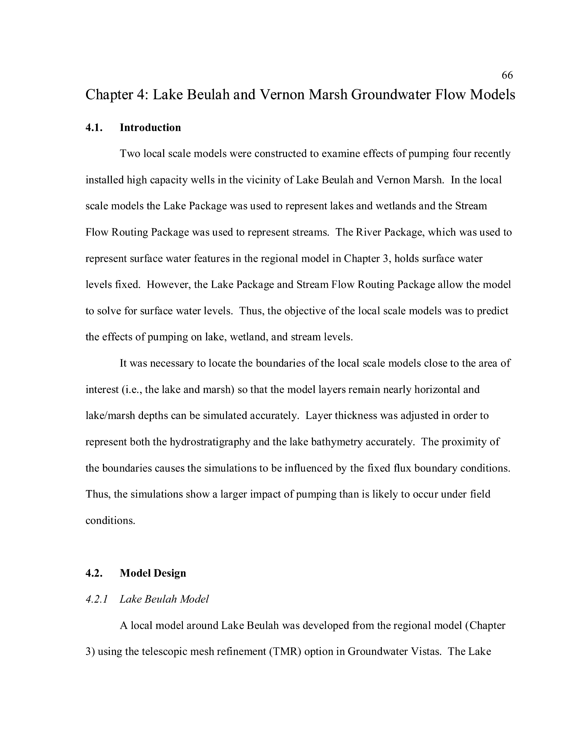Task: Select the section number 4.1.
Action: [94, 128]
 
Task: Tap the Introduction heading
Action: [150, 128]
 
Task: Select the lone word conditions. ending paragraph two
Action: [110, 521]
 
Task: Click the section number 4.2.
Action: [94, 573]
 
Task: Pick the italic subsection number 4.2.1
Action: [96, 599]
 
